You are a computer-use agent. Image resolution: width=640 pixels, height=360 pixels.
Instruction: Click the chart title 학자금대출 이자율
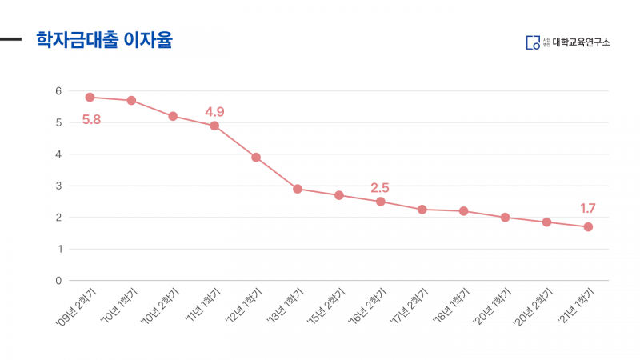pos(104,40)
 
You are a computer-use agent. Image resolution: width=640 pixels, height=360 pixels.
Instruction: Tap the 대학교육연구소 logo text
pos(581,42)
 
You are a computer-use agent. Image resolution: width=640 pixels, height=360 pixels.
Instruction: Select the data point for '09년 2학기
pos(90,97)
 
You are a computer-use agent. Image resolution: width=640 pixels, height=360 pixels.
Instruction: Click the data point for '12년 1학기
pos(256,157)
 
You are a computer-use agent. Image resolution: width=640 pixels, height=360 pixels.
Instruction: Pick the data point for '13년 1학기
pos(298,189)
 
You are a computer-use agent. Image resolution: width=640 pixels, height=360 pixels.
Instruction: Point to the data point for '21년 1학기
pos(588,226)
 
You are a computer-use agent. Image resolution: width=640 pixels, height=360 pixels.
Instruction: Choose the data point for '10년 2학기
pos(173,116)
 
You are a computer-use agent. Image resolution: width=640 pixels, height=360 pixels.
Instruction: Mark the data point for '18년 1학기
pos(464,211)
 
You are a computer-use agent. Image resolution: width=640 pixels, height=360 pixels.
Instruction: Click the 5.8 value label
pos(91,120)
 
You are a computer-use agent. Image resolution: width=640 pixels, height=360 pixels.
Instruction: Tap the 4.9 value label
pos(214,111)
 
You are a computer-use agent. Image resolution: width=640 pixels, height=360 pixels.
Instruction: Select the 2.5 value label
pos(380,187)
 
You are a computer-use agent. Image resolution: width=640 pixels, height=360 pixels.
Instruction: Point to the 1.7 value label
pos(588,209)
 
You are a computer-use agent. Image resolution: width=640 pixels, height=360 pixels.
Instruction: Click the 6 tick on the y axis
pos(58,91)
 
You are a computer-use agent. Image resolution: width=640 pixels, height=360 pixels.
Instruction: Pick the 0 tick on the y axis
pos(58,281)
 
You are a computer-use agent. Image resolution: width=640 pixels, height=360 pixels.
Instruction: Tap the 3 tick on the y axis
pos(58,186)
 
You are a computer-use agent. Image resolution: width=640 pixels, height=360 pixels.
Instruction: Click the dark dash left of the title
pos(10,38)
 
